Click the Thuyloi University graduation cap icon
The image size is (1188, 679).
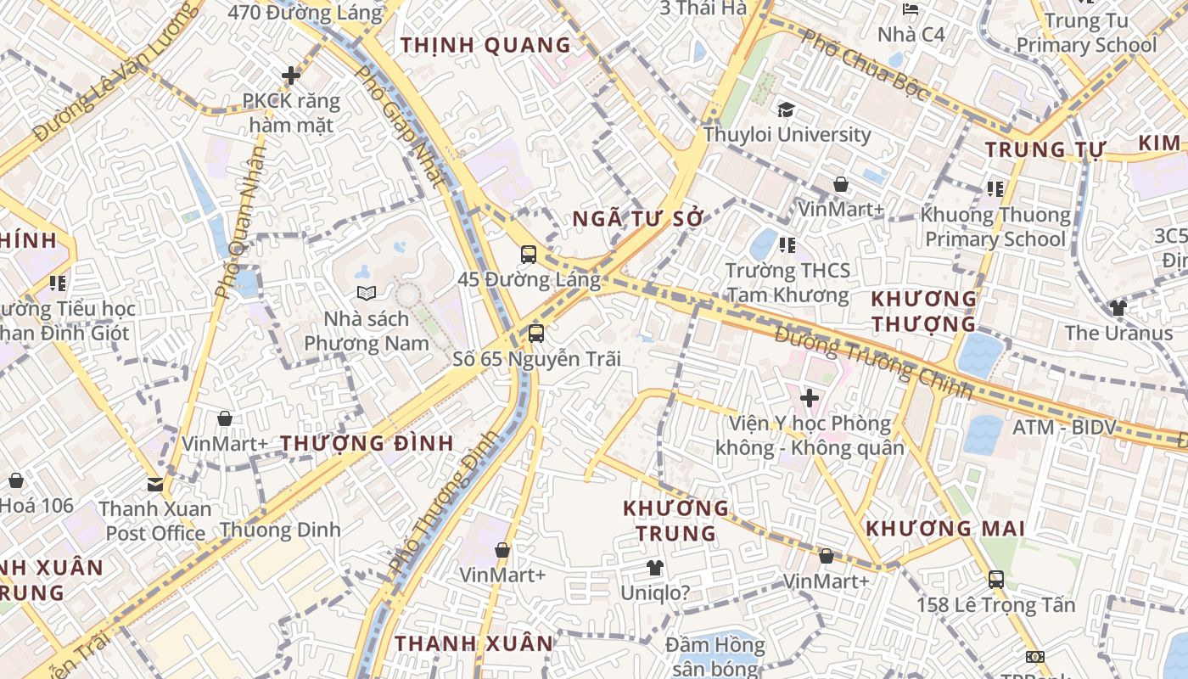[x=786, y=109]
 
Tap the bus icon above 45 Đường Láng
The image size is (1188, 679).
[x=529, y=254]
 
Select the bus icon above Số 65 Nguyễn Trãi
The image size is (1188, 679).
[x=536, y=334]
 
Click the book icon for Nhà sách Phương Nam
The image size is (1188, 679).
[x=367, y=294]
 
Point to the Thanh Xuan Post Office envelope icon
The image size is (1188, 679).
[x=155, y=485]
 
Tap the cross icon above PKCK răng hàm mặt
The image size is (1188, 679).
[x=291, y=76]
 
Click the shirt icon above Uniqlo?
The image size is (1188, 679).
[x=654, y=568]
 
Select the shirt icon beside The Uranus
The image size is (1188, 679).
[x=1118, y=308]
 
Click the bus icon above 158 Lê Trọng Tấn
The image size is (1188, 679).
[x=996, y=580]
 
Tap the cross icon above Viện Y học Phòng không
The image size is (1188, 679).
[x=810, y=397]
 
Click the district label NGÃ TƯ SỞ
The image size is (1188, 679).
[x=638, y=219]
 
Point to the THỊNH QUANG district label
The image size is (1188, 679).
[x=485, y=46]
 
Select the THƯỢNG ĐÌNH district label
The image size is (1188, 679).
[x=367, y=443]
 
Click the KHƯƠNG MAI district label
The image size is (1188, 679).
[x=945, y=529]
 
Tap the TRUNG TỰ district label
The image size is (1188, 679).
[x=1045, y=150]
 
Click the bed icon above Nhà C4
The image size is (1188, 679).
[x=911, y=10]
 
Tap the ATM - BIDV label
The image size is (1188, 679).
[x=1063, y=427]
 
